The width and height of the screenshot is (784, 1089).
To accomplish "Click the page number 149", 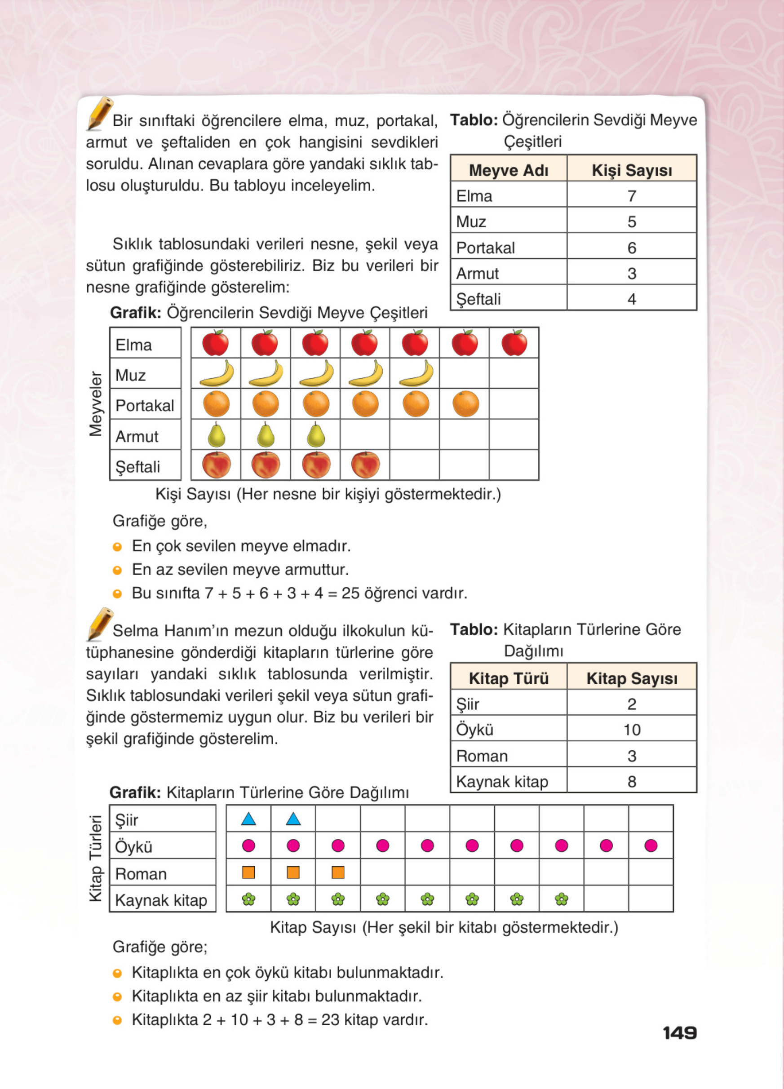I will [x=679, y=1033].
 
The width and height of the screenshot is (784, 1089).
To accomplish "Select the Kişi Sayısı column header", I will [x=631, y=170].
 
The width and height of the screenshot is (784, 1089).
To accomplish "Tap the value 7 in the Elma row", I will [x=631, y=196].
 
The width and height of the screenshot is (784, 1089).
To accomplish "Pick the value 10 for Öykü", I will [x=631, y=729].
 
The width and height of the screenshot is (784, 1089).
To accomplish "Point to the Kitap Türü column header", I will [x=508, y=678].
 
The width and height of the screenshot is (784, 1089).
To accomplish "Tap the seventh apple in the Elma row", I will [x=514, y=343].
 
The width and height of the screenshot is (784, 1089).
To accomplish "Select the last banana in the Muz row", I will [x=416, y=374].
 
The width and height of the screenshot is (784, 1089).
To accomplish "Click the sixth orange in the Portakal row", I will [x=465, y=404].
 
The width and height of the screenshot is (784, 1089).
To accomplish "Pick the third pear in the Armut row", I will [x=315, y=434].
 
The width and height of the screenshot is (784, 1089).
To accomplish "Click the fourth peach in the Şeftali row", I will [x=365, y=465].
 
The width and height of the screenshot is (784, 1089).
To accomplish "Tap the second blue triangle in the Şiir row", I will [x=293, y=819].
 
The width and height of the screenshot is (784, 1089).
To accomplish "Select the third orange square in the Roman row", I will [x=337, y=872].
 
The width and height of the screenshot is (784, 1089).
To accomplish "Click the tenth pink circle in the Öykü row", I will [x=651, y=845].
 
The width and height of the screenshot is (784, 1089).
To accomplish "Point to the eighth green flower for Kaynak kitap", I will [x=561, y=899].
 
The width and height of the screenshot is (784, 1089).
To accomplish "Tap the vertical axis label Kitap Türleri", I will [x=96, y=858].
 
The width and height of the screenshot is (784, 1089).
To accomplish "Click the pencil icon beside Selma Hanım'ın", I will [x=99, y=623].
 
